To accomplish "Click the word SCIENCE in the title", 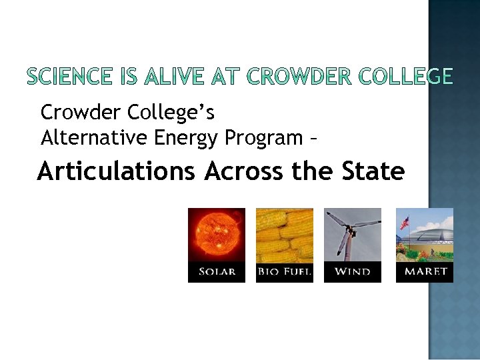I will [x=67, y=78].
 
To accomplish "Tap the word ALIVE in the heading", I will [x=161, y=78].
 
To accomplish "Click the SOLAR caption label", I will [x=217, y=272].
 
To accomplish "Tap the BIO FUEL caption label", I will [x=285, y=272].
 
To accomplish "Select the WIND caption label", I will [x=353, y=272].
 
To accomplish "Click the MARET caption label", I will [x=425, y=272].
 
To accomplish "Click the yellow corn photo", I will [x=285, y=235].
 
